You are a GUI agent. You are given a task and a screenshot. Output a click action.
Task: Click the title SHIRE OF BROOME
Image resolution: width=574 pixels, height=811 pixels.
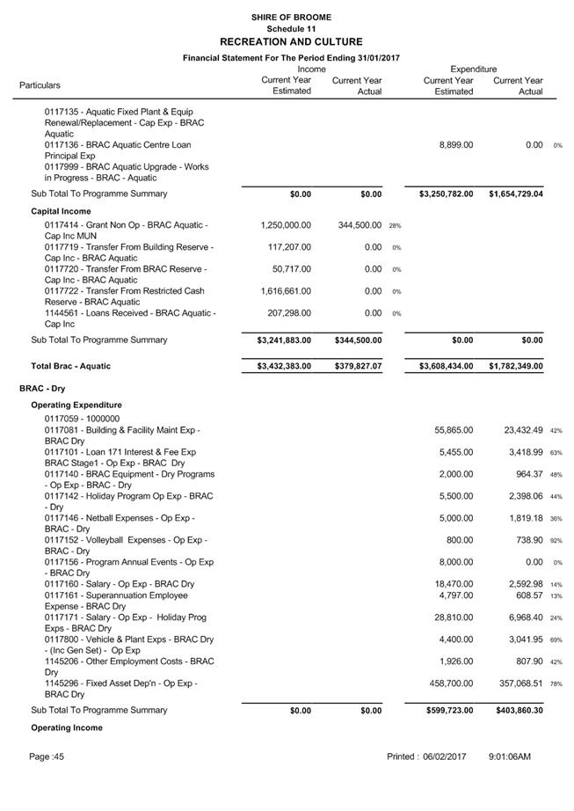point(290,17)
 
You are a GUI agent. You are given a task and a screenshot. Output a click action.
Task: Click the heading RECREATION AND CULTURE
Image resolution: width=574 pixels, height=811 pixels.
point(290,41)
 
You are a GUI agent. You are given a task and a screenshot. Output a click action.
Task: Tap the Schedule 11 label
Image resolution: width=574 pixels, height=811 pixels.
point(290,29)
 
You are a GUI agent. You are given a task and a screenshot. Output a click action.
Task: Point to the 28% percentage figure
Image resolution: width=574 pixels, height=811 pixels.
point(395,226)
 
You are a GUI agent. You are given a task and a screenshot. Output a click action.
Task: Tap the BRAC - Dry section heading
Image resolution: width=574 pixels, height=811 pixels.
point(42,388)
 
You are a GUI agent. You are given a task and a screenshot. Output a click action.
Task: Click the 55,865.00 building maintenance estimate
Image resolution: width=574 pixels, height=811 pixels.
point(454,430)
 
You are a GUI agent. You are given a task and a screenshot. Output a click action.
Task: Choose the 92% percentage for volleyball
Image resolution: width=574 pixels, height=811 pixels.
point(556,541)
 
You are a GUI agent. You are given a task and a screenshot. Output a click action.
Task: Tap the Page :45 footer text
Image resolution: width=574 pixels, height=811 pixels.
point(47,756)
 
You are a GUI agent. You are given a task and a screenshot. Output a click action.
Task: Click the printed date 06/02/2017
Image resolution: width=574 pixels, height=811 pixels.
point(445,756)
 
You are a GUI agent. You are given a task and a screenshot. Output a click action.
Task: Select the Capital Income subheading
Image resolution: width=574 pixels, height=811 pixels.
point(62,211)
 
